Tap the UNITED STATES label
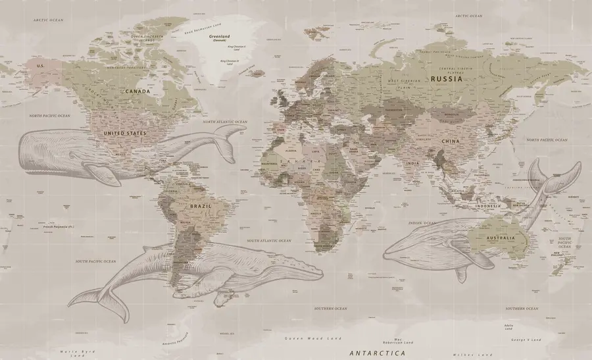(x=125, y=132)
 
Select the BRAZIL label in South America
(x=200, y=206)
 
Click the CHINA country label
(x=451, y=141)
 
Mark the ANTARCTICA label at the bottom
(x=378, y=353)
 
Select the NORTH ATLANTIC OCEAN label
(x=225, y=122)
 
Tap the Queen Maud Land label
(x=312, y=338)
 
